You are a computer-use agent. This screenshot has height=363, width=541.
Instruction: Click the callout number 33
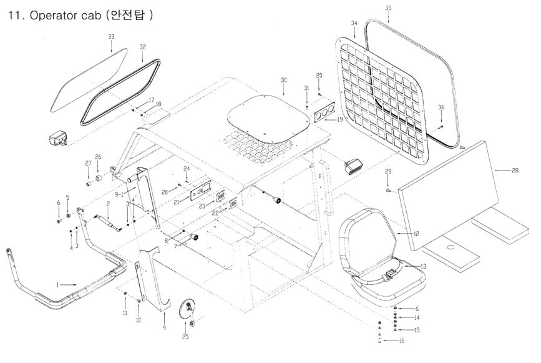pos(111,37)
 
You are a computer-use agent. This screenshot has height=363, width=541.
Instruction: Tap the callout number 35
pos(388,7)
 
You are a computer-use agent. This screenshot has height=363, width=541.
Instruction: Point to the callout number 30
pos(283,81)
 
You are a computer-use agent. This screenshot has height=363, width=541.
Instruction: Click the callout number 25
pos(185,337)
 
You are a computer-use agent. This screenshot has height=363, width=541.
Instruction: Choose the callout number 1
pos(58,285)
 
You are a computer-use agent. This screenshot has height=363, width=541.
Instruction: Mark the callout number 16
pos(402,341)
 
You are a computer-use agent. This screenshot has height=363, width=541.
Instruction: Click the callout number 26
pos(98,156)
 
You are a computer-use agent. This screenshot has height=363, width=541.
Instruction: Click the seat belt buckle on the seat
pos(389,273)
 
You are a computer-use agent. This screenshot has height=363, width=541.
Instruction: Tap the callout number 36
pos(441,107)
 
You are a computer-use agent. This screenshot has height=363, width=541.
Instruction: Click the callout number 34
pos(354,23)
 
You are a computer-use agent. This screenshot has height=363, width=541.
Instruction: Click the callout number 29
pos(387,171)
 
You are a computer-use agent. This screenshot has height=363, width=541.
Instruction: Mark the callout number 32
pos(143,47)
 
